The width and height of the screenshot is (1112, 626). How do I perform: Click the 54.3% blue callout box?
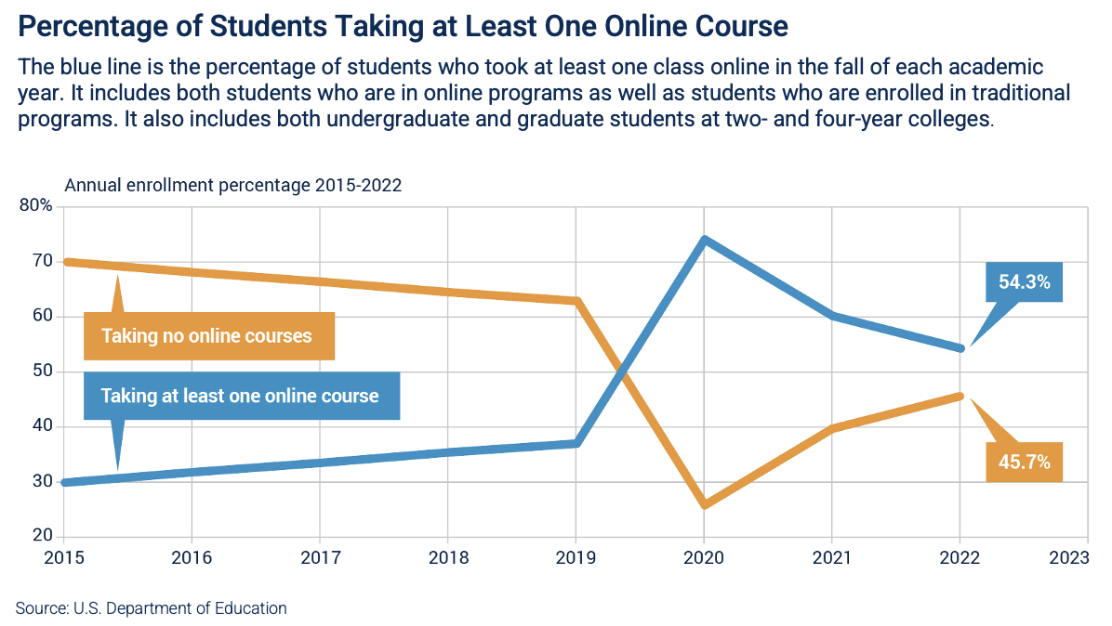click(1024, 282)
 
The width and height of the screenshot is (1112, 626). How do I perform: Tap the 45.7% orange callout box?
click(1024, 462)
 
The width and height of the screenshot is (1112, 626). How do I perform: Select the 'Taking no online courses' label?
click(207, 336)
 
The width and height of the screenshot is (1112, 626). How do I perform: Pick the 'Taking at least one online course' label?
click(240, 396)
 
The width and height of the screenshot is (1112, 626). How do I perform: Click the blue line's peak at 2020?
click(705, 240)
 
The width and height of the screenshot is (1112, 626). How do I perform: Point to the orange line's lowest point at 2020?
click(705, 505)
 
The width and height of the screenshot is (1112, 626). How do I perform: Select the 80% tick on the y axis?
click(36, 206)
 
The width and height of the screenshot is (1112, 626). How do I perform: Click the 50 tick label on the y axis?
click(42, 372)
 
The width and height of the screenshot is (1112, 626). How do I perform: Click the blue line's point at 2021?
click(832, 316)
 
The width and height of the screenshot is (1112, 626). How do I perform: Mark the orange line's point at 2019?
click(576, 301)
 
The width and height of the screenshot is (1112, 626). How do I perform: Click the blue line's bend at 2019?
click(576, 443)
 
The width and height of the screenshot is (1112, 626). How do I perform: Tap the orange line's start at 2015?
click(65, 262)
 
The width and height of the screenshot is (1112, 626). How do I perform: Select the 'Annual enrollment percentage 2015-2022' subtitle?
click(232, 185)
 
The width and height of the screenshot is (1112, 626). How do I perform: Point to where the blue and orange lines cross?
click(620, 372)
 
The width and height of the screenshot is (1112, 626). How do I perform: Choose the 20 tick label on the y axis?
click(42, 536)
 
